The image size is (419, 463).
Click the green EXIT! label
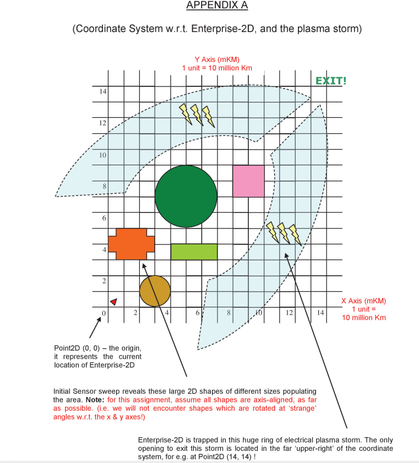coord(331,81)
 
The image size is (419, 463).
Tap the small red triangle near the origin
coord(114,301)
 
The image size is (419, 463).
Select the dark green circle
coord(186,196)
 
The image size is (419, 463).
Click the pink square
coord(248,181)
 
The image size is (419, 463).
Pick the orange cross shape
coord(131,244)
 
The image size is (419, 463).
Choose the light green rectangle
coord(194,252)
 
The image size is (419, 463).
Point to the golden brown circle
coord(155,291)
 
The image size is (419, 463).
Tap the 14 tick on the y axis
coord(103,91)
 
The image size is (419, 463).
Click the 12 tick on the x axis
coord(290,313)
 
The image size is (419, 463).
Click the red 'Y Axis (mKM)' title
coord(217,59)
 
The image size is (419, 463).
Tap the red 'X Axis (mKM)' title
coord(364,301)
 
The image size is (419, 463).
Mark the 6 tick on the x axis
coord(198,313)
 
